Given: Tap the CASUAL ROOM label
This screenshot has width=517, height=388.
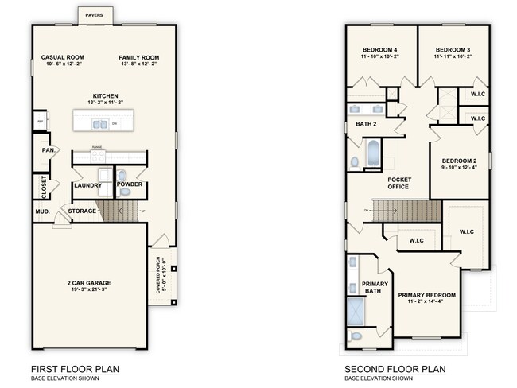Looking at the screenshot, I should pos(62,58).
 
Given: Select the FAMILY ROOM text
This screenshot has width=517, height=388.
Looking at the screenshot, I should pos(139,58).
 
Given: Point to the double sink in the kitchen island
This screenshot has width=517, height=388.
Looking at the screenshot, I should pos(99,123).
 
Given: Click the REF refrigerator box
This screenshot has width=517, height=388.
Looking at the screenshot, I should pos(38,122).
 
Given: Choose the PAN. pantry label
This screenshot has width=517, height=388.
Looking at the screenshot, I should pos(48,149).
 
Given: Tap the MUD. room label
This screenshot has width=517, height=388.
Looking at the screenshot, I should pos(41,211).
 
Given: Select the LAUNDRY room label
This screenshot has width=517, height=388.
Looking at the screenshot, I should pos(87,186).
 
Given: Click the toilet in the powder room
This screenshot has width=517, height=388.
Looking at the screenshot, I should pos(122,176).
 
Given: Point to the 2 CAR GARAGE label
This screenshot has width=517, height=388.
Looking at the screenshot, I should pos(88,283).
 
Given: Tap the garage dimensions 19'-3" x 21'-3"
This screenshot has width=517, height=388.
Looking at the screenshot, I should pos(88,290).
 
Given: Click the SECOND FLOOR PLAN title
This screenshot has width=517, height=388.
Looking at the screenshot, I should pos(395,369).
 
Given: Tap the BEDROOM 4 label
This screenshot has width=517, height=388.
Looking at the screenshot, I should pos(379,50).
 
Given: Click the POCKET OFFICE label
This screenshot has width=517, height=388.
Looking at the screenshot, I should pos(398,183).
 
